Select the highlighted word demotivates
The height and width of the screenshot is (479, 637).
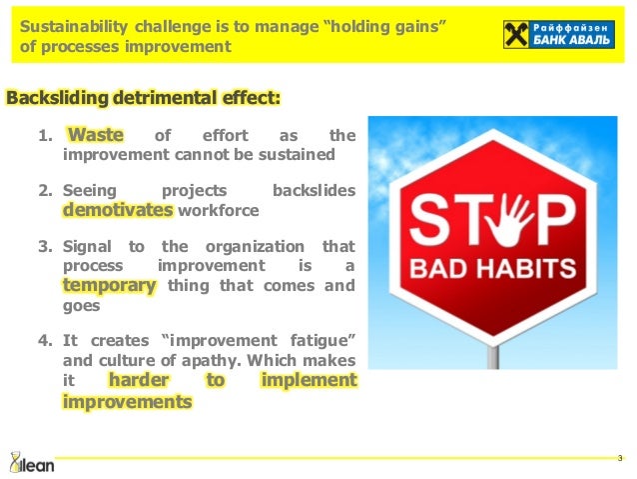coord(118,210)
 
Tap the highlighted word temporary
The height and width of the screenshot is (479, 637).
coord(110,285)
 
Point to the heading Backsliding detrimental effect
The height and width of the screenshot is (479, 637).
coord(144,98)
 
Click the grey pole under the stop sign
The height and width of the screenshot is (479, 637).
coord(492,351)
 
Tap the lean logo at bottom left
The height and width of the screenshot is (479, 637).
coord(31,461)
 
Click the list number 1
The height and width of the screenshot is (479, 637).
coord(43,136)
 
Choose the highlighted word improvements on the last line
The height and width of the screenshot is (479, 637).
coord(127,402)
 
